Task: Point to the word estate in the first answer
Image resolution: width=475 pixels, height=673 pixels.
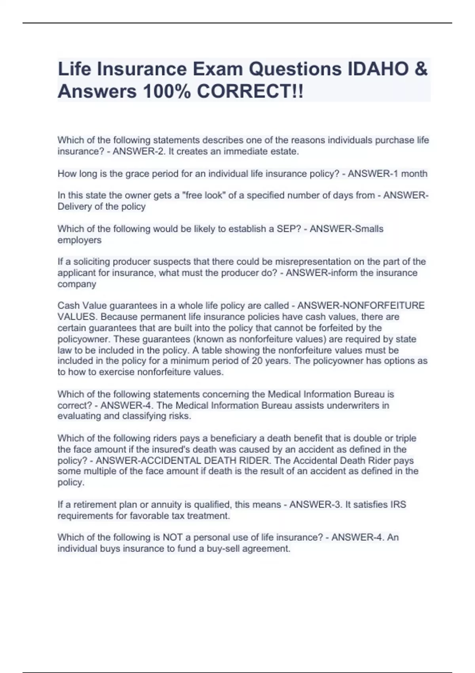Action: coord(284,151)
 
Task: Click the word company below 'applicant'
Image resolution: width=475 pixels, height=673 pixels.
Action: coord(77,284)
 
